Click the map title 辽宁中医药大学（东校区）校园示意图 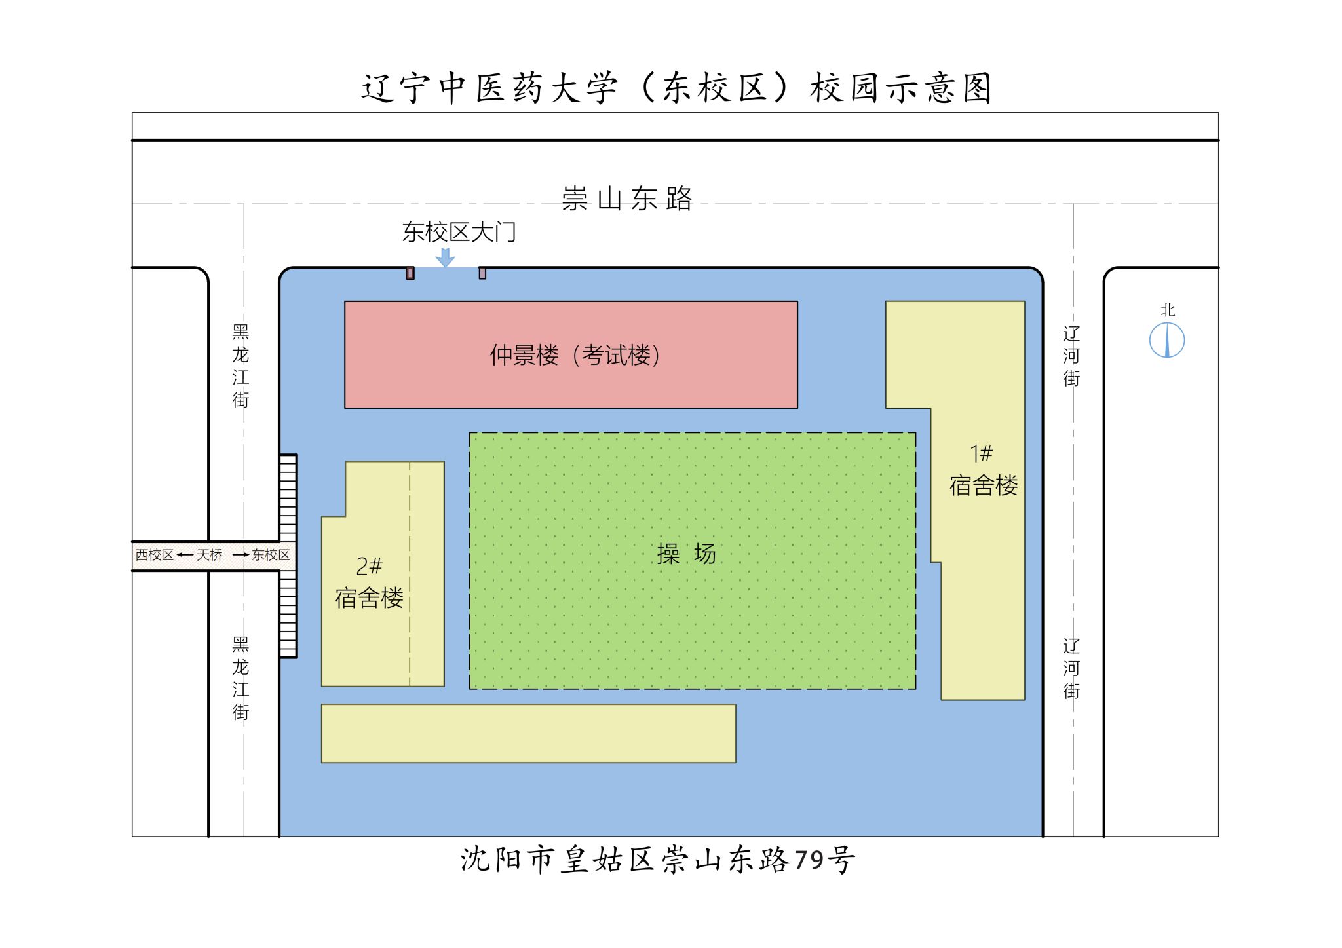click(x=676, y=88)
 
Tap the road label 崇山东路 click(x=627, y=199)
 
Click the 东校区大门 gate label click(x=459, y=232)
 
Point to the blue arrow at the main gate click(x=446, y=257)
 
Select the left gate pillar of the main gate click(x=410, y=273)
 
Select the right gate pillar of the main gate click(x=482, y=273)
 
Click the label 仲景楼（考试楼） click(x=575, y=355)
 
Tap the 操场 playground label click(x=686, y=554)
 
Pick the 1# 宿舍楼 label click(x=983, y=470)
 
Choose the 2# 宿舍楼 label click(x=369, y=582)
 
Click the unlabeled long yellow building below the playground click(x=528, y=733)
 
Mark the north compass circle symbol click(x=1167, y=341)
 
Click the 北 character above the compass click(x=1168, y=311)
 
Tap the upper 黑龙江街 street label click(x=240, y=366)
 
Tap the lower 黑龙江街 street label click(x=240, y=678)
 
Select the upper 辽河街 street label click(x=1071, y=356)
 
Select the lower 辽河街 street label click(x=1071, y=668)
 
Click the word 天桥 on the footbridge click(x=210, y=556)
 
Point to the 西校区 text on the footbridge click(x=155, y=556)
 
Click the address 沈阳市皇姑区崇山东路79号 click(x=657, y=860)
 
